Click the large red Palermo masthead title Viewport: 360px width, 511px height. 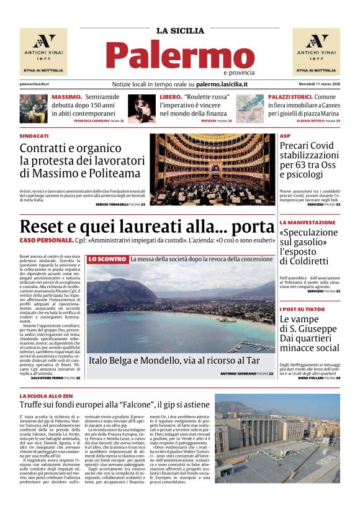(180, 55)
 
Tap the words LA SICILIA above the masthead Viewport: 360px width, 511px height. (180, 30)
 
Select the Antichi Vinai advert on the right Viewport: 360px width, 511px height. (316, 52)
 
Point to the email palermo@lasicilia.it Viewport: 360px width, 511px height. (34, 84)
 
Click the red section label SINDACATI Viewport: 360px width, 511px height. (34, 135)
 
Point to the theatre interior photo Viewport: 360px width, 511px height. (212, 169)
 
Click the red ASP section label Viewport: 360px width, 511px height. (285, 135)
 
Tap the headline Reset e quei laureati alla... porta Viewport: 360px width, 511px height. (146, 227)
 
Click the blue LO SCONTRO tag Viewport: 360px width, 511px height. (107, 259)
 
